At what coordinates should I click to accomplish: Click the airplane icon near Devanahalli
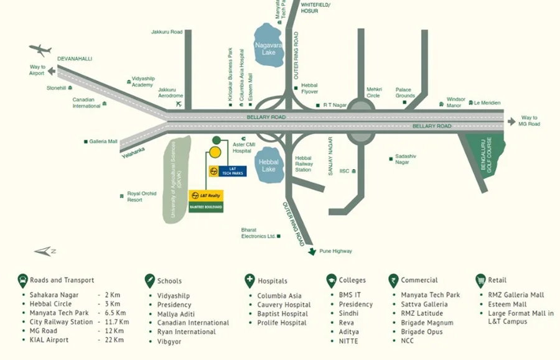pos(40,50)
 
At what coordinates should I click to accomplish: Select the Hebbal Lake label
pos(269,165)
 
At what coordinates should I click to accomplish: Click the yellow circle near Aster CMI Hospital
pos(215,152)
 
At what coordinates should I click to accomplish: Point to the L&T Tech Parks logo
pos(228,171)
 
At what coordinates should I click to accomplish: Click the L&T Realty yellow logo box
pos(206,195)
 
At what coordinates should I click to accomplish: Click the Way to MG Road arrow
pos(511,121)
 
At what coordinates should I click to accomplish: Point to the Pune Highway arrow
pos(312,251)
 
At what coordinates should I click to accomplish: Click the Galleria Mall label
pos(103,142)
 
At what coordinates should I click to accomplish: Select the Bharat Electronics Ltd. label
pos(258,233)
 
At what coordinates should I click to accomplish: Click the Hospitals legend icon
pos(250,280)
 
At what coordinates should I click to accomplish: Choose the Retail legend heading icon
pos(480,280)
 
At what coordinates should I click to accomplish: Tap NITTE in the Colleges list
pos(349,341)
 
